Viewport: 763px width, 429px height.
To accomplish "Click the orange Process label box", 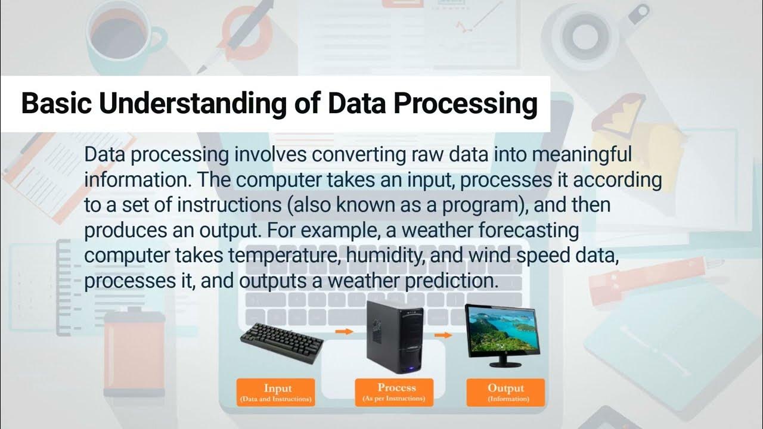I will [x=396, y=392].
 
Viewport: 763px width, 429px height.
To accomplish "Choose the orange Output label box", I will [x=505, y=392].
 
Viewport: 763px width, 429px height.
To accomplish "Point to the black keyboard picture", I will [x=282, y=341].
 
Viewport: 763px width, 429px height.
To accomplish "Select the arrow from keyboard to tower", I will [x=345, y=331].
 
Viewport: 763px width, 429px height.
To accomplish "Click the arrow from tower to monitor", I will [x=442, y=335].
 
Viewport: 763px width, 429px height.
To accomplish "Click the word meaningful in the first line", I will [x=581, y=155].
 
